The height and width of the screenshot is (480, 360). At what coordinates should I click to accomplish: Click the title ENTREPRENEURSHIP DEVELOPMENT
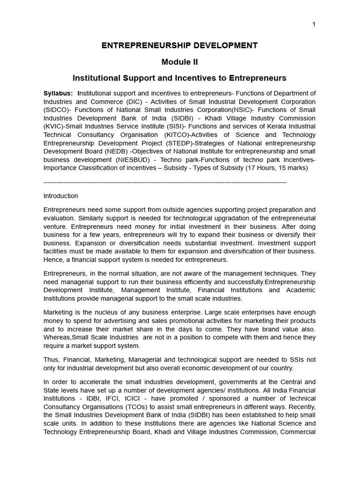click(180, 45)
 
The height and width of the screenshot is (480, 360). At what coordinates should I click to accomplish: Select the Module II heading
click(180, 62)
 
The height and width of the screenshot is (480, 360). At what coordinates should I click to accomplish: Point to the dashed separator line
click(165, 182)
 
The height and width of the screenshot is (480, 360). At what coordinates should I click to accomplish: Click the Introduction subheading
click(61, 196)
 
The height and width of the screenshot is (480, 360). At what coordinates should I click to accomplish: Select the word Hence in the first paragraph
click(52, 260)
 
